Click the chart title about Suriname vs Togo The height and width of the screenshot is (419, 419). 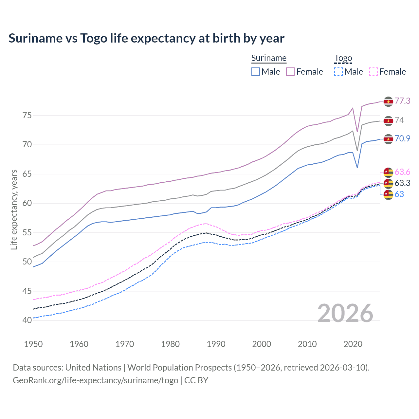pyautogui.click(x=146, y=38)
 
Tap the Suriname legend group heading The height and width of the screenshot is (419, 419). pyautogui.click(x=269, y=58)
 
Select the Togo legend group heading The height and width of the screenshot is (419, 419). pyautogui.click(x=343, y=58)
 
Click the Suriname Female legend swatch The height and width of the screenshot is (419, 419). pyautogui.click(x=290, y=72)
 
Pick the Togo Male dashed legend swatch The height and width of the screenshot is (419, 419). pyautogui.click(x=338, y=72)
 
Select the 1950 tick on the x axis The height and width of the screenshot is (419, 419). pyautogui.click(x=33, y=344)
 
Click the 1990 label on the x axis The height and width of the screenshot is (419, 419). pyautogui.click(x=216, y=344)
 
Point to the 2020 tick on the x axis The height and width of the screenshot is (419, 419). pyautogui.click(x=353, y=344)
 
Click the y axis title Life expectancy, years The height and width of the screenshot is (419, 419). pyautogui.click(x=14, y=209)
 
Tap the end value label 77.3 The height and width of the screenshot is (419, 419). pyautogui.click(x=402, y=101)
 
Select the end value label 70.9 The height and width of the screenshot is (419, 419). pyautogui.click(x=402, y=138)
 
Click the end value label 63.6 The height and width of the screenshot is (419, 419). pyautogui.click(x=402, y=172)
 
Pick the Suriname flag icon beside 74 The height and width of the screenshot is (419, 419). pyautogui.click(x=388, y=121)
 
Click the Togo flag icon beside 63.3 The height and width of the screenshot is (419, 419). pyautogui.click(x=388, y=183)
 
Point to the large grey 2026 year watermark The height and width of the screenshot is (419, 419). pyautogui.click(x=345, y=313)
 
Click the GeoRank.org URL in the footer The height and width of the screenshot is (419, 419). pyautogui.click(x=95, y=380)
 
